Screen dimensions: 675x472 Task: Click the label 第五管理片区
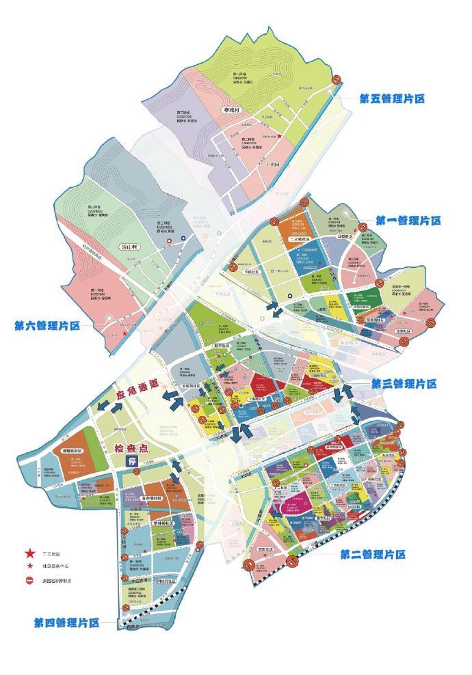tap(392, 98)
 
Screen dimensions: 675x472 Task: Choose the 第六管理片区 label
tap(47, 326)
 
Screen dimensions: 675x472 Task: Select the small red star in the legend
tap(30, 566)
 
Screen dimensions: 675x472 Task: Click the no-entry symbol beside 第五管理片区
tap(337, 80)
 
